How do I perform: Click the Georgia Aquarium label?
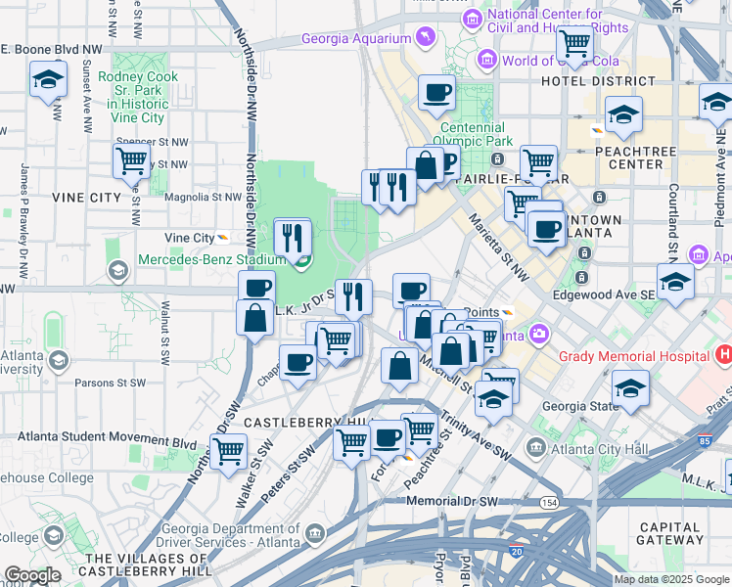click(354, 39)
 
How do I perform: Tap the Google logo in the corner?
click(31, 575)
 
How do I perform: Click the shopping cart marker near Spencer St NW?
click(131, 159)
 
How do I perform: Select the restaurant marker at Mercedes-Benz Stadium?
click(293, 237)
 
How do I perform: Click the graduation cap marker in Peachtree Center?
click(623, 114)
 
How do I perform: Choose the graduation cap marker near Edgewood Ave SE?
click(675, 282)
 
